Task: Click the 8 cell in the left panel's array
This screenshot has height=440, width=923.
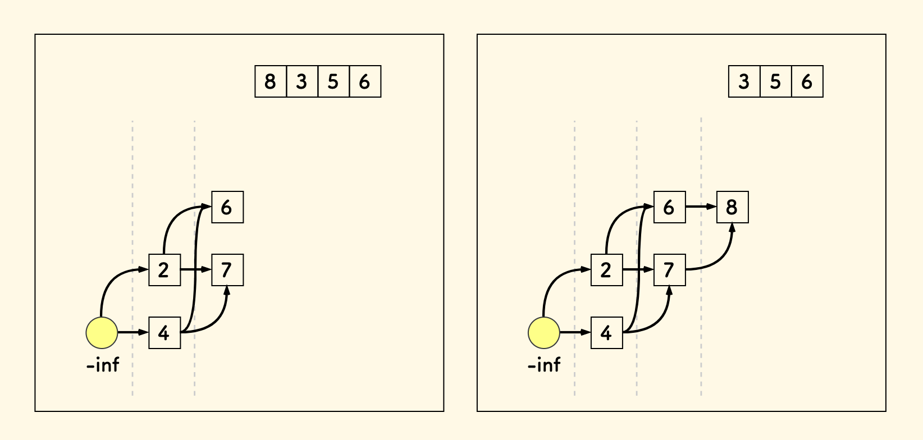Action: click(x=271, y=82)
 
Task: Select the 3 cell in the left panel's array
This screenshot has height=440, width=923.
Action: click(x=302, y=82)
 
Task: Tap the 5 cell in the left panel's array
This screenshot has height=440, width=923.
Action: click(x=333, y=82)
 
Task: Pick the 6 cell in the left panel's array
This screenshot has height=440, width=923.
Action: click(x=365, y=82)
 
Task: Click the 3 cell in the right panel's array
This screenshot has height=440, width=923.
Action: click(x=744, y=82)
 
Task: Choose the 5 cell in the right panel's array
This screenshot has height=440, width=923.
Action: click(x=775, y=82)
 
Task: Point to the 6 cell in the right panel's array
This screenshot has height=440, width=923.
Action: click(x=807, y=82)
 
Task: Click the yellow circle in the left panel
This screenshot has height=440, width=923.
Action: click(x=102, y=332)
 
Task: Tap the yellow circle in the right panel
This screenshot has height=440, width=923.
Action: click(x=543, y=332)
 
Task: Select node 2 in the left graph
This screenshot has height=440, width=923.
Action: click(x=165, y=270)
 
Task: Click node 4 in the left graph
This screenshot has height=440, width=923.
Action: click(x=165, y=333)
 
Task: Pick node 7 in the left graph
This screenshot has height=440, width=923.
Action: click(x=227, y=270)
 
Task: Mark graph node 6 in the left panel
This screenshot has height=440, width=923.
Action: click(x=227, y=207)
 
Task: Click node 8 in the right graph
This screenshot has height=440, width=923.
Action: click(x=732, y=207)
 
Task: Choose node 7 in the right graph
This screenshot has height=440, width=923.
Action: click(x=669, y=270)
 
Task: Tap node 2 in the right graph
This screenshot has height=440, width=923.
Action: click(x=606, y=270)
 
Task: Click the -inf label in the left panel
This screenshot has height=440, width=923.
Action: click(x=103, y=365)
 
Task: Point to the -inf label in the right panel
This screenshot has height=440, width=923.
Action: click(x=544, y=365)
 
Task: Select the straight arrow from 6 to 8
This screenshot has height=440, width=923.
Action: click(x=701, y=207)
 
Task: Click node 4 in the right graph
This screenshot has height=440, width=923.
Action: click(x=606, y=333)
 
